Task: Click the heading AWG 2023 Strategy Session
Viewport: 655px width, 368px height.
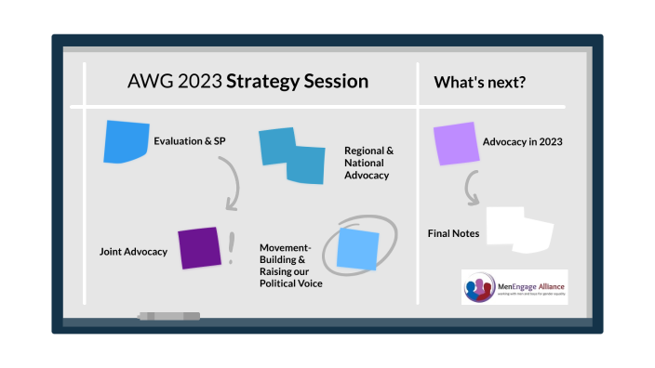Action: pyautogui.click(x=247, y=82)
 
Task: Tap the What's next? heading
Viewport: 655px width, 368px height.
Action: pyautogui.click(x=480, y=83)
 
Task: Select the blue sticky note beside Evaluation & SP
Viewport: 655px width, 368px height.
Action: pyautogui.click(x=127, y=142)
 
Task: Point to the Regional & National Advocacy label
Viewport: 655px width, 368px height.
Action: pyautogui.click(x=369, y=162)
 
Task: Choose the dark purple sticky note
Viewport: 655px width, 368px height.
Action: pyautogui.click(x=198, y=248)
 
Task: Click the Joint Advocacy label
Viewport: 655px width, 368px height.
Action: pyautogui.click(x=133, y=251)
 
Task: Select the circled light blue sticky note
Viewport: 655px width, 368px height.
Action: pyautogui.click(x=358, y=248)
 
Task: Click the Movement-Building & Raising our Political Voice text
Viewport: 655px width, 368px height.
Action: pyautogui.click(x=290, y=266)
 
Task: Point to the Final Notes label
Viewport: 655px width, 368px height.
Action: pyautogui.click(x=454, y=233)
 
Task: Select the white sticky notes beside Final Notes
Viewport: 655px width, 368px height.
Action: pyautogui.click(x=520, y=230)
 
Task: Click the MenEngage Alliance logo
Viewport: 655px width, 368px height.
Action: pyautogui.click(x=514, y=286)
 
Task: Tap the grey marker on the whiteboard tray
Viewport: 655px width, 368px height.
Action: pyautogui.click(x=168, y=317)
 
